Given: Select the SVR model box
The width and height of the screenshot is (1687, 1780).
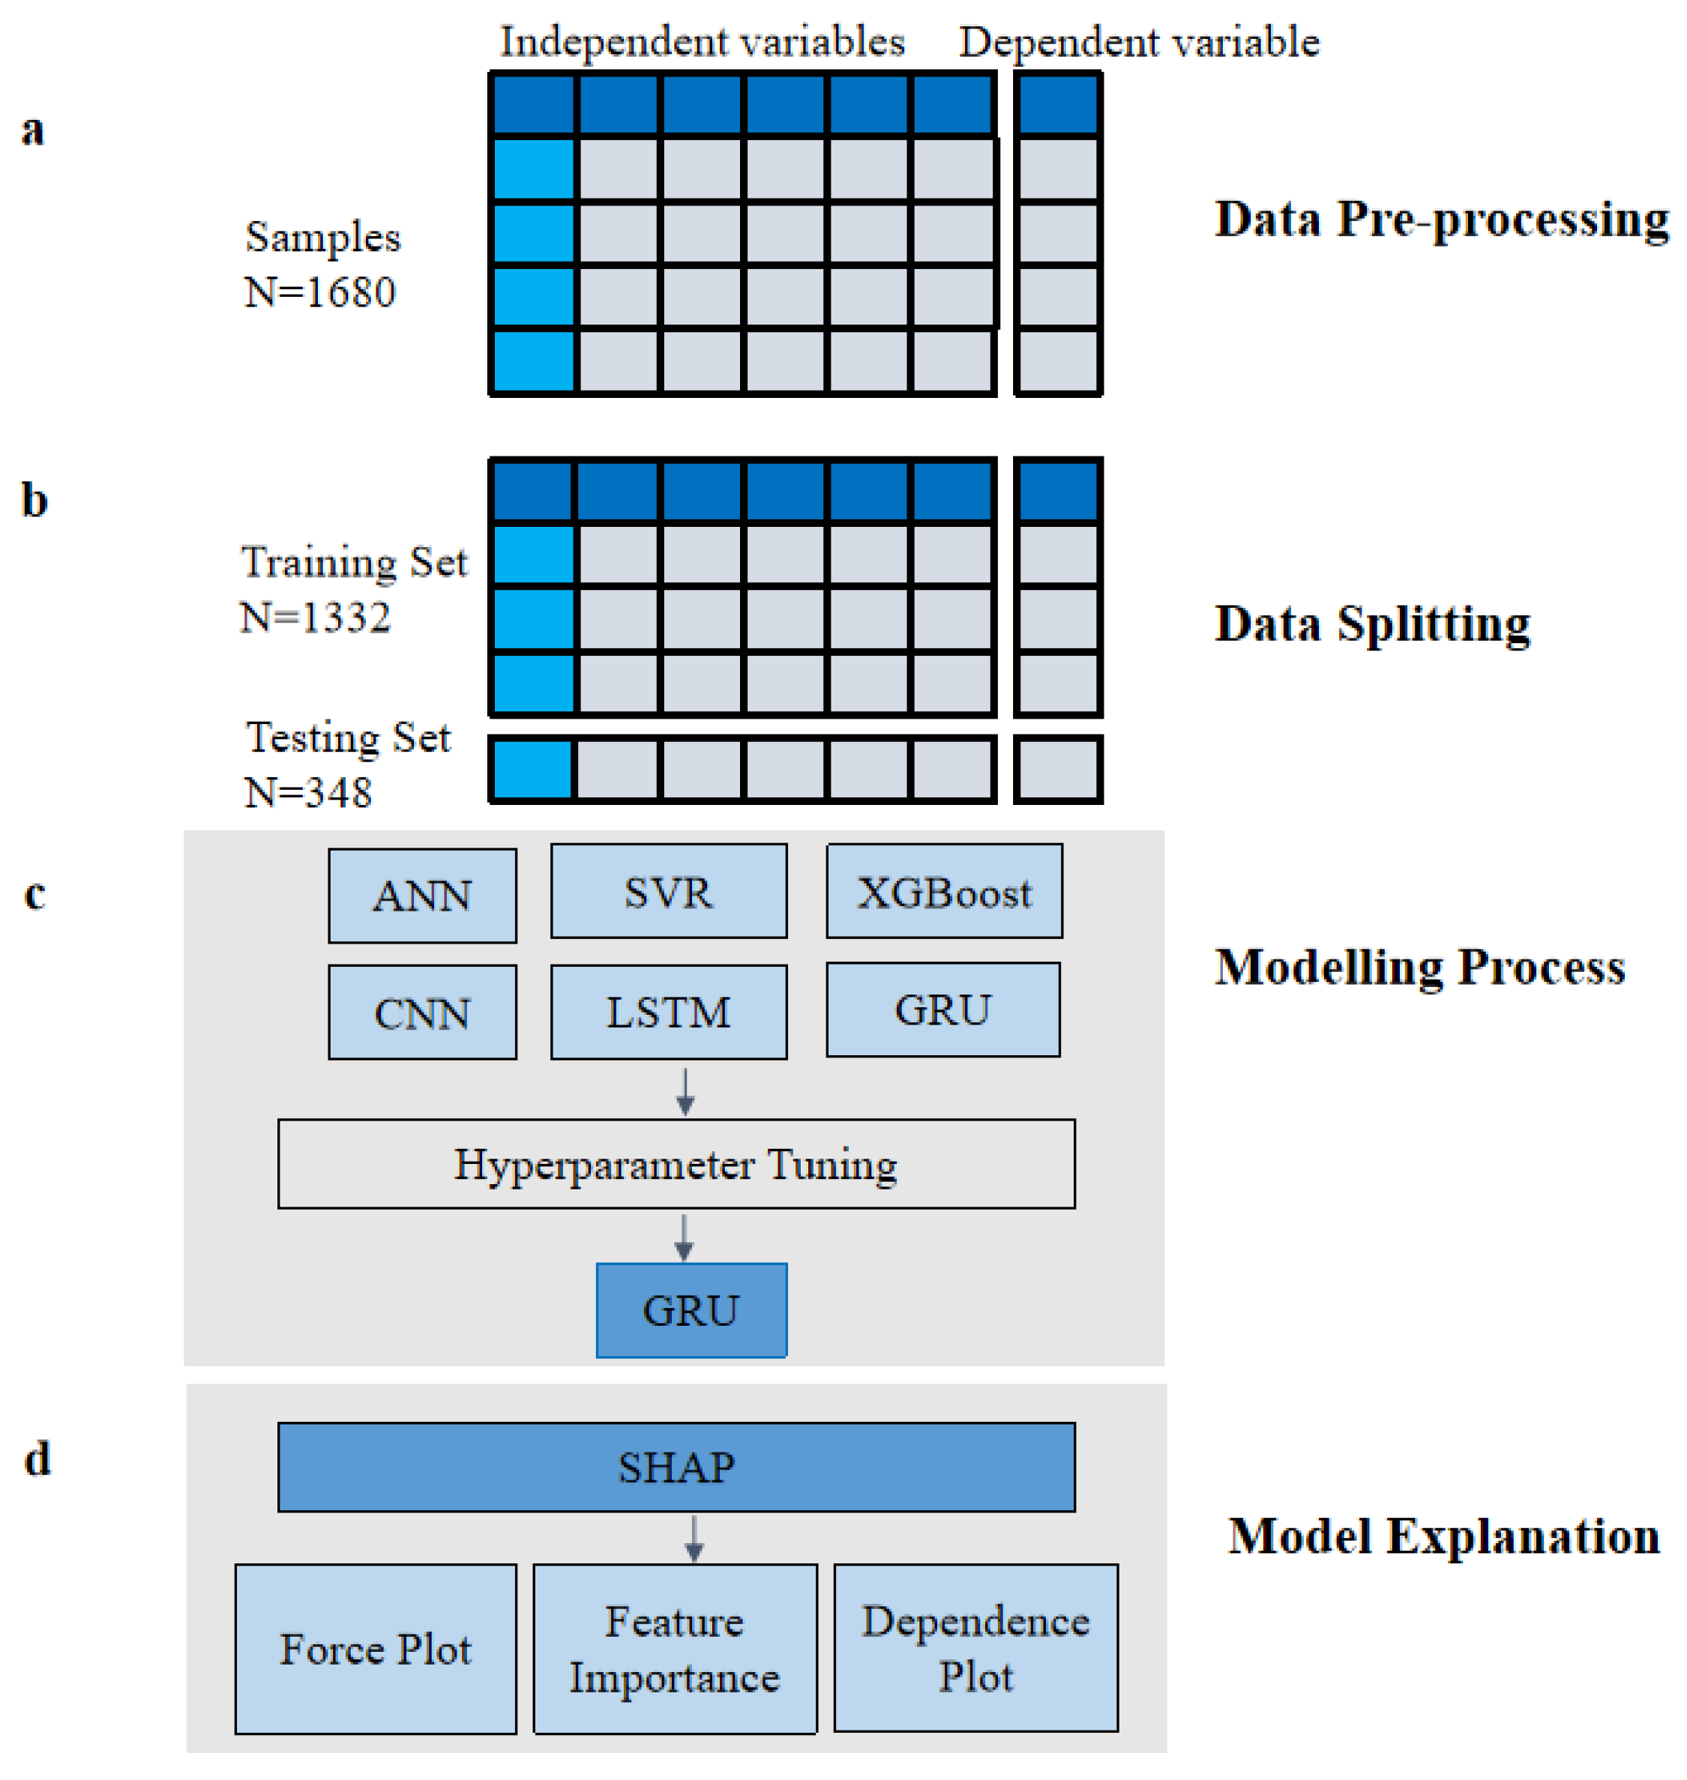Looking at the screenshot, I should tap(668, 891).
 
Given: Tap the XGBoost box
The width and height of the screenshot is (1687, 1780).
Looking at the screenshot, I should tap(944, 891).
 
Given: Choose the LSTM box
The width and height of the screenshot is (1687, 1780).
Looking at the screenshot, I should tap(668, 1013).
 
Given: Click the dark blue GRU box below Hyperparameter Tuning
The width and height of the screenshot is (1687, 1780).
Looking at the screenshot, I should tap(691, 1310).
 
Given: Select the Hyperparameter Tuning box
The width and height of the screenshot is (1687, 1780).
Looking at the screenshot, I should tap(676, 1163).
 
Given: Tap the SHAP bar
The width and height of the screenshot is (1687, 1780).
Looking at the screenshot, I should tap(676, 1467).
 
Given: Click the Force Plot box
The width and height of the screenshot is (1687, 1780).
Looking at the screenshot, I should tap(375, 1649).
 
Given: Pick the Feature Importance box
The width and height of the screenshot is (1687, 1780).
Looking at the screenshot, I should tap(675, 1649).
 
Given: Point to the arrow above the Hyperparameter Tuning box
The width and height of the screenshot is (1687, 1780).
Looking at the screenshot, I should tap(685, 1091).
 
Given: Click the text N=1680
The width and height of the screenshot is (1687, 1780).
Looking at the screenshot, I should tap(320, 292).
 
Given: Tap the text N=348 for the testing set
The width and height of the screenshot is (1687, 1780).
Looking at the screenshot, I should tap(308, 792).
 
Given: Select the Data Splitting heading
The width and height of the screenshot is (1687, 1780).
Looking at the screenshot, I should tap(1372, 623).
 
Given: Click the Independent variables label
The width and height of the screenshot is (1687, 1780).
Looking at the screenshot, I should tap(703, 41).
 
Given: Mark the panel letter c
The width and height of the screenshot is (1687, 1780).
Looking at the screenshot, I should tap(34, 893).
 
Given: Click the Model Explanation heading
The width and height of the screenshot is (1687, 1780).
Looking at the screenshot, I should tap(1443, 1536).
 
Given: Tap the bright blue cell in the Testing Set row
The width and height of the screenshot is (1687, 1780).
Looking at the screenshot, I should tap(532, 770).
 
